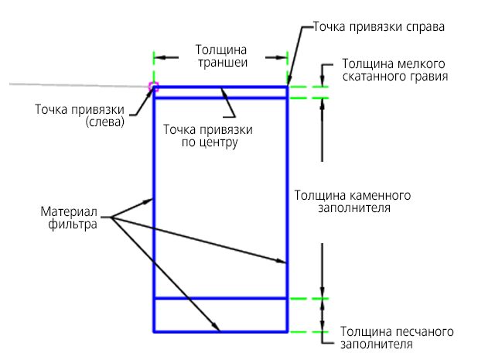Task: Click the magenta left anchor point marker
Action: point(153,87)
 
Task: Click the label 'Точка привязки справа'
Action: point(379,27)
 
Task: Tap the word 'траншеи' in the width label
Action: point(223,63)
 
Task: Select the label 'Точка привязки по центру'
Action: point(208,135)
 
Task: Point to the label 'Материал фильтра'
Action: point(69,218)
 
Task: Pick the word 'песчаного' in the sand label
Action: point(424,331)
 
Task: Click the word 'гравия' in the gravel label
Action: point(429,77)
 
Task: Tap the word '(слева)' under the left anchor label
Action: point(105,122)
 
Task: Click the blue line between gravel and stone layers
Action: point(220,98)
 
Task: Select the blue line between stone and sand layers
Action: point(220,298)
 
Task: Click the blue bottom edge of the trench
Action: point(220,331)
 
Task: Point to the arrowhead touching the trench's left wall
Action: point(148,201)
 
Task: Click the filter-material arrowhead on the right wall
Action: point(282,261)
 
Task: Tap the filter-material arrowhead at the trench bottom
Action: point(216,326)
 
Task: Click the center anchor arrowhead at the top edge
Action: point(224,92)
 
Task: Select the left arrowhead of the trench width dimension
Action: point(160,57)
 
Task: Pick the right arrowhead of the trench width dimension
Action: point(281,57)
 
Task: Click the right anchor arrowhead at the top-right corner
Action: point(290,81)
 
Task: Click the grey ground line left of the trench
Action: point(79,85)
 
